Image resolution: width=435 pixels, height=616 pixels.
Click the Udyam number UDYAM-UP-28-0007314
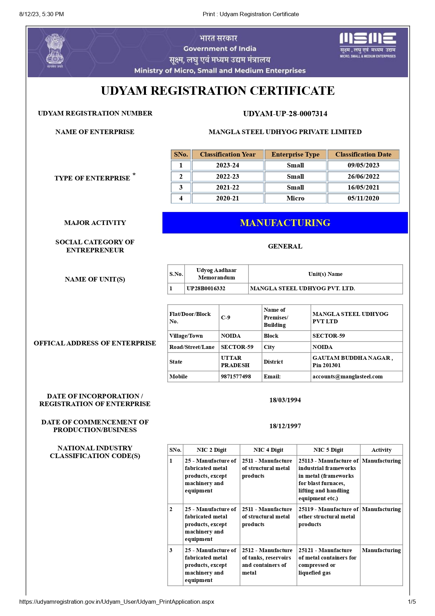click(285, 114)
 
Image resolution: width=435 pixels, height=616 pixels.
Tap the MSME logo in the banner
click(367, 45)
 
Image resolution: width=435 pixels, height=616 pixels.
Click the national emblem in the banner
click(55, 50)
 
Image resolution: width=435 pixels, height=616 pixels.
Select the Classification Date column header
click(363, 154)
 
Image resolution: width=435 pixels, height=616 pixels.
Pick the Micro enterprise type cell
click(295, 198)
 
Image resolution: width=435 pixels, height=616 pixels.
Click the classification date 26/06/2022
click(363, 177)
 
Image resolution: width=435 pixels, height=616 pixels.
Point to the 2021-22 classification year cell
click(227, 187)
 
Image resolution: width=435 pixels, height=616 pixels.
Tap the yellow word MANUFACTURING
click(285, 223)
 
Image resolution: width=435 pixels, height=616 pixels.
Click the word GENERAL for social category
click(285, 246)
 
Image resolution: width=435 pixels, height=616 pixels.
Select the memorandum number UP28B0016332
click(206, 289)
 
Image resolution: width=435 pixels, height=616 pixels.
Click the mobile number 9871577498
click(236, 377)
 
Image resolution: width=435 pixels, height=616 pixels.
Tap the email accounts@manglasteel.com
click(347, 377)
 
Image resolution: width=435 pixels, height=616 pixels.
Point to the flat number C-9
click(226, 318)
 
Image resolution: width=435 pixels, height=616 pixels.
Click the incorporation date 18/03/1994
click(285, 400)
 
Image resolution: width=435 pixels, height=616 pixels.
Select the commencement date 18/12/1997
click(285, 426)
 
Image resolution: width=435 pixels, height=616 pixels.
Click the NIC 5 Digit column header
click(328, 450)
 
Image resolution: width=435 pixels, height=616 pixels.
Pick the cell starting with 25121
click(327, 561)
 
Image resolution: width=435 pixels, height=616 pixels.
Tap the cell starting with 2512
click(267, 561)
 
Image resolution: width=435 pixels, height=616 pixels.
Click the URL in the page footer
click(116, 602)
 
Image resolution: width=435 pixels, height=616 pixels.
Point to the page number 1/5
click(411, 602)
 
